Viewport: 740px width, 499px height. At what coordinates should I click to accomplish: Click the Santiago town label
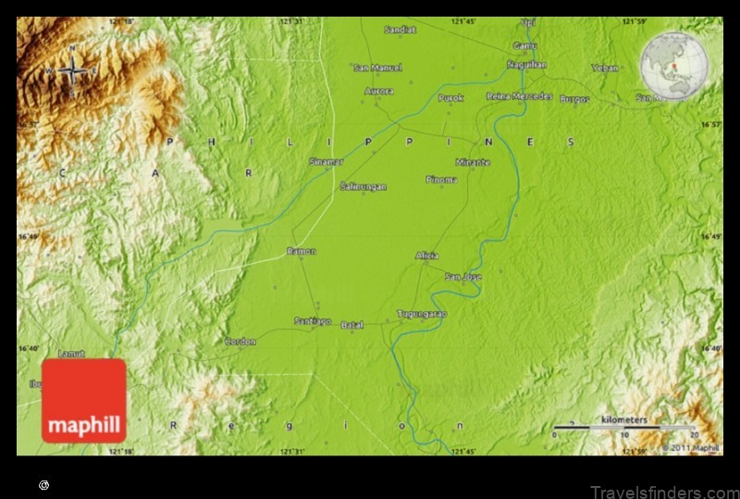click(313, 321)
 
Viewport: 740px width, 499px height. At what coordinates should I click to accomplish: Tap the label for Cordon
click(240, 342)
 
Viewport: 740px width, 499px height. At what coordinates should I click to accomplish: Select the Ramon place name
click(301, 251)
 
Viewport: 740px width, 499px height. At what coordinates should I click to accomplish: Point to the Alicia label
click(426, 256)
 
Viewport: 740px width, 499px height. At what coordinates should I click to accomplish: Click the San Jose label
click(462, 277)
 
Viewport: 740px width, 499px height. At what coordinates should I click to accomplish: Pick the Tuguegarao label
click(421, 314)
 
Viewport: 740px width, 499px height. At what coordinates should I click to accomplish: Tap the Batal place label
click(352, 325)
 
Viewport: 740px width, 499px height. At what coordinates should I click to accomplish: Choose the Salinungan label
click(363, 186)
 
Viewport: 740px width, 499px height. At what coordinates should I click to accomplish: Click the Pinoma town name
click(441, 180)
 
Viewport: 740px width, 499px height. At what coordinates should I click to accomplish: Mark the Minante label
click(473, 162)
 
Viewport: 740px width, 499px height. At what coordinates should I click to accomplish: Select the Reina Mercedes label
click(519, 96)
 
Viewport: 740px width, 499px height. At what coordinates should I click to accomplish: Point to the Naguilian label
click(526, 65)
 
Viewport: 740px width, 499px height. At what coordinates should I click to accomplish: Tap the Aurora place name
click(379, 92)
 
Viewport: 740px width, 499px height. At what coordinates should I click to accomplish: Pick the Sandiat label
click(401, 30)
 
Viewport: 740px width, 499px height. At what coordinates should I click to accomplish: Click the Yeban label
click(605, 68)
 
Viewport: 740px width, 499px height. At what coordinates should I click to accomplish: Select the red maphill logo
click(83, 400)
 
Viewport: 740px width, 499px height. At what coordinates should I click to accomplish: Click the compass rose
click(72, 72)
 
